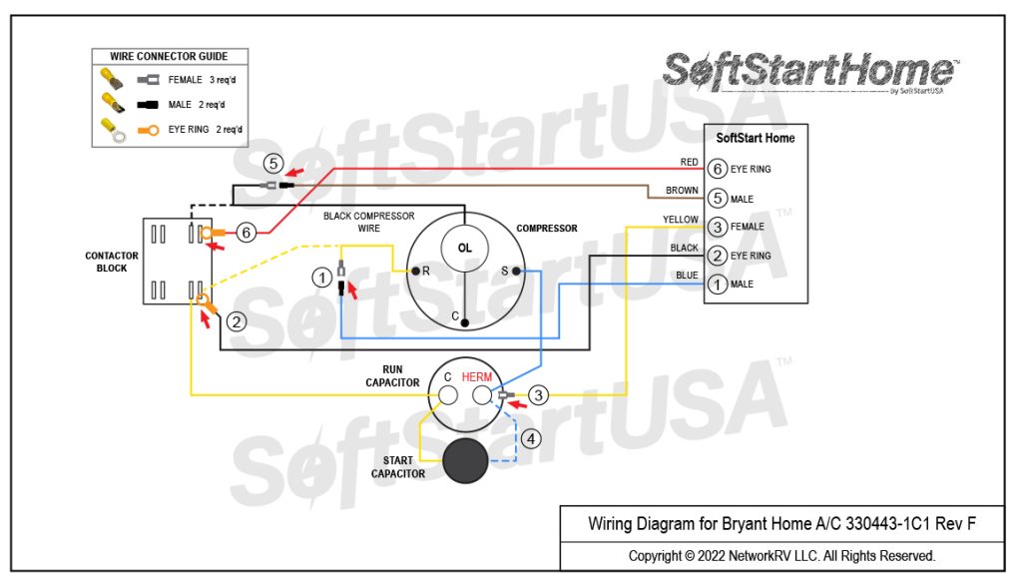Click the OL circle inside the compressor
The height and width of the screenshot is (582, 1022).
[x=464, y=248]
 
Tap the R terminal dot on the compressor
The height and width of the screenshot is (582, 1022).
[x=415, y=271]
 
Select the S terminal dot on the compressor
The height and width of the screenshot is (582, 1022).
[x=516, y=271]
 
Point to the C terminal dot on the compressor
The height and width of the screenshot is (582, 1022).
[x=465, y=322]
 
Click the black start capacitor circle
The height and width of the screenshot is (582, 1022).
[x=465, y=460]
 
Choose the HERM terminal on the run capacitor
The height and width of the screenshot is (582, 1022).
[x=483, y=396]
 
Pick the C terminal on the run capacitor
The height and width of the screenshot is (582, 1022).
[x=448, y=396]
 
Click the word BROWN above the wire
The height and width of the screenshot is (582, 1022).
[x=682, y=191]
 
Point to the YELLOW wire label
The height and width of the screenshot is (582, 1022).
[x=680, y=220]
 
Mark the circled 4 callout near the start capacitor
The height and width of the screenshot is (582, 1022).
[x=531, y=437]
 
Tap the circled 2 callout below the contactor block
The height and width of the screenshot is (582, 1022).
[x=236, y=321]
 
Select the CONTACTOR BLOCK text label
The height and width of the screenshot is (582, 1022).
[x=112, y=262]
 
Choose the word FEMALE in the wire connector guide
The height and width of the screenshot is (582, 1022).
[x=186, y=79]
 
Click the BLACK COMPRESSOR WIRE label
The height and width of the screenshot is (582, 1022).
[x=368, y=222]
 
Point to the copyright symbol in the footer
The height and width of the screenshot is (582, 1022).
[x=690, y=555]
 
